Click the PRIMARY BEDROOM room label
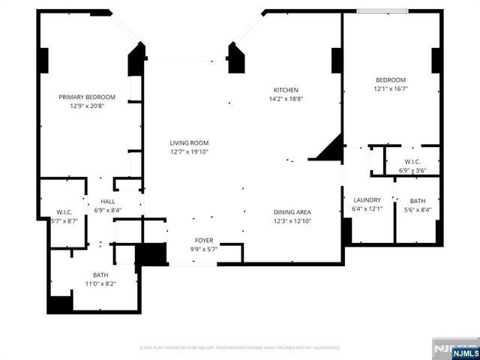(x=88, y=97)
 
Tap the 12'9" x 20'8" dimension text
(x=88, y=106)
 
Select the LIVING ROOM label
(x=188, y=142)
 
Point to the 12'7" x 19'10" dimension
(x=188, y=151)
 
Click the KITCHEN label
(x=286, y=89)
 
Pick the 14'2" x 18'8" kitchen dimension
(x=286, y=98)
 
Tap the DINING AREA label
(x=292, y=211)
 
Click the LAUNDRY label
(x=367, y=199)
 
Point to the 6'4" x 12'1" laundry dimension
(x=367, y=208)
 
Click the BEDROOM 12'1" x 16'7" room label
(x=390, y=80)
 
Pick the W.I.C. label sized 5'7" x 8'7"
(x=63, y=211)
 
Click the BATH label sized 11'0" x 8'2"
(x=100, y=274)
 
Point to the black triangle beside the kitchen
(x=329, y=149)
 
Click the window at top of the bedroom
(x=382, y=11)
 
